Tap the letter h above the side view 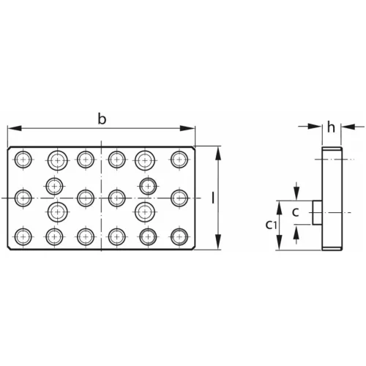tap(331, 127)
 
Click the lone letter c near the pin tap(295, 212)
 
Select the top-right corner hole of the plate tap(178, 159)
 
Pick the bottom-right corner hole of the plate tap(178, 236)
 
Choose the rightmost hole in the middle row tap(178, 197)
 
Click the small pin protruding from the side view tap(316, 212)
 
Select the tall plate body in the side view tap(332, 198)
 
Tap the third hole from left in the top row tap(86, 159)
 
